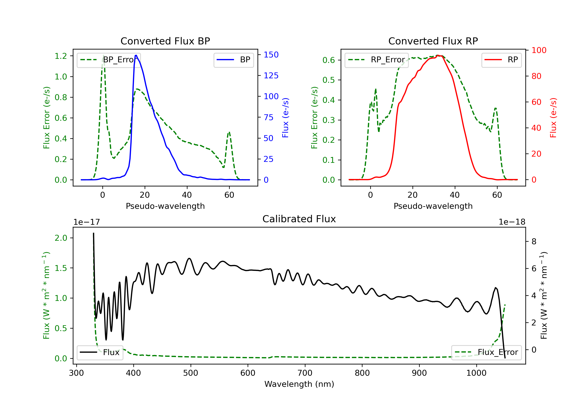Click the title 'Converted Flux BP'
coord(165,41)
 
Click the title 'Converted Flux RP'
coord(433,41)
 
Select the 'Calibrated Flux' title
coord(299,219)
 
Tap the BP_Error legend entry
coord(109,60)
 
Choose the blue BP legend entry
coord(233,60)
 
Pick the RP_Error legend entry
coord(376,60)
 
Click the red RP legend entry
coord(501,60)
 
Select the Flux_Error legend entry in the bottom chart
coord(486,352)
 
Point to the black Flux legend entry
coord(100,352)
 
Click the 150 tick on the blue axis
coord(271,55)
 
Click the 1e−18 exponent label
coord(512,222)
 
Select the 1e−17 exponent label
coord(87,222)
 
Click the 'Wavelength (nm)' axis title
coord(299,384)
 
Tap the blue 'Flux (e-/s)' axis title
coord(285,118)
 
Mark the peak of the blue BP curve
coord(136,55)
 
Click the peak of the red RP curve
coord(438,55)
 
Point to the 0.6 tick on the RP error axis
coord(329,60)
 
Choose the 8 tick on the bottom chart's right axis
coord(534,242)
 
